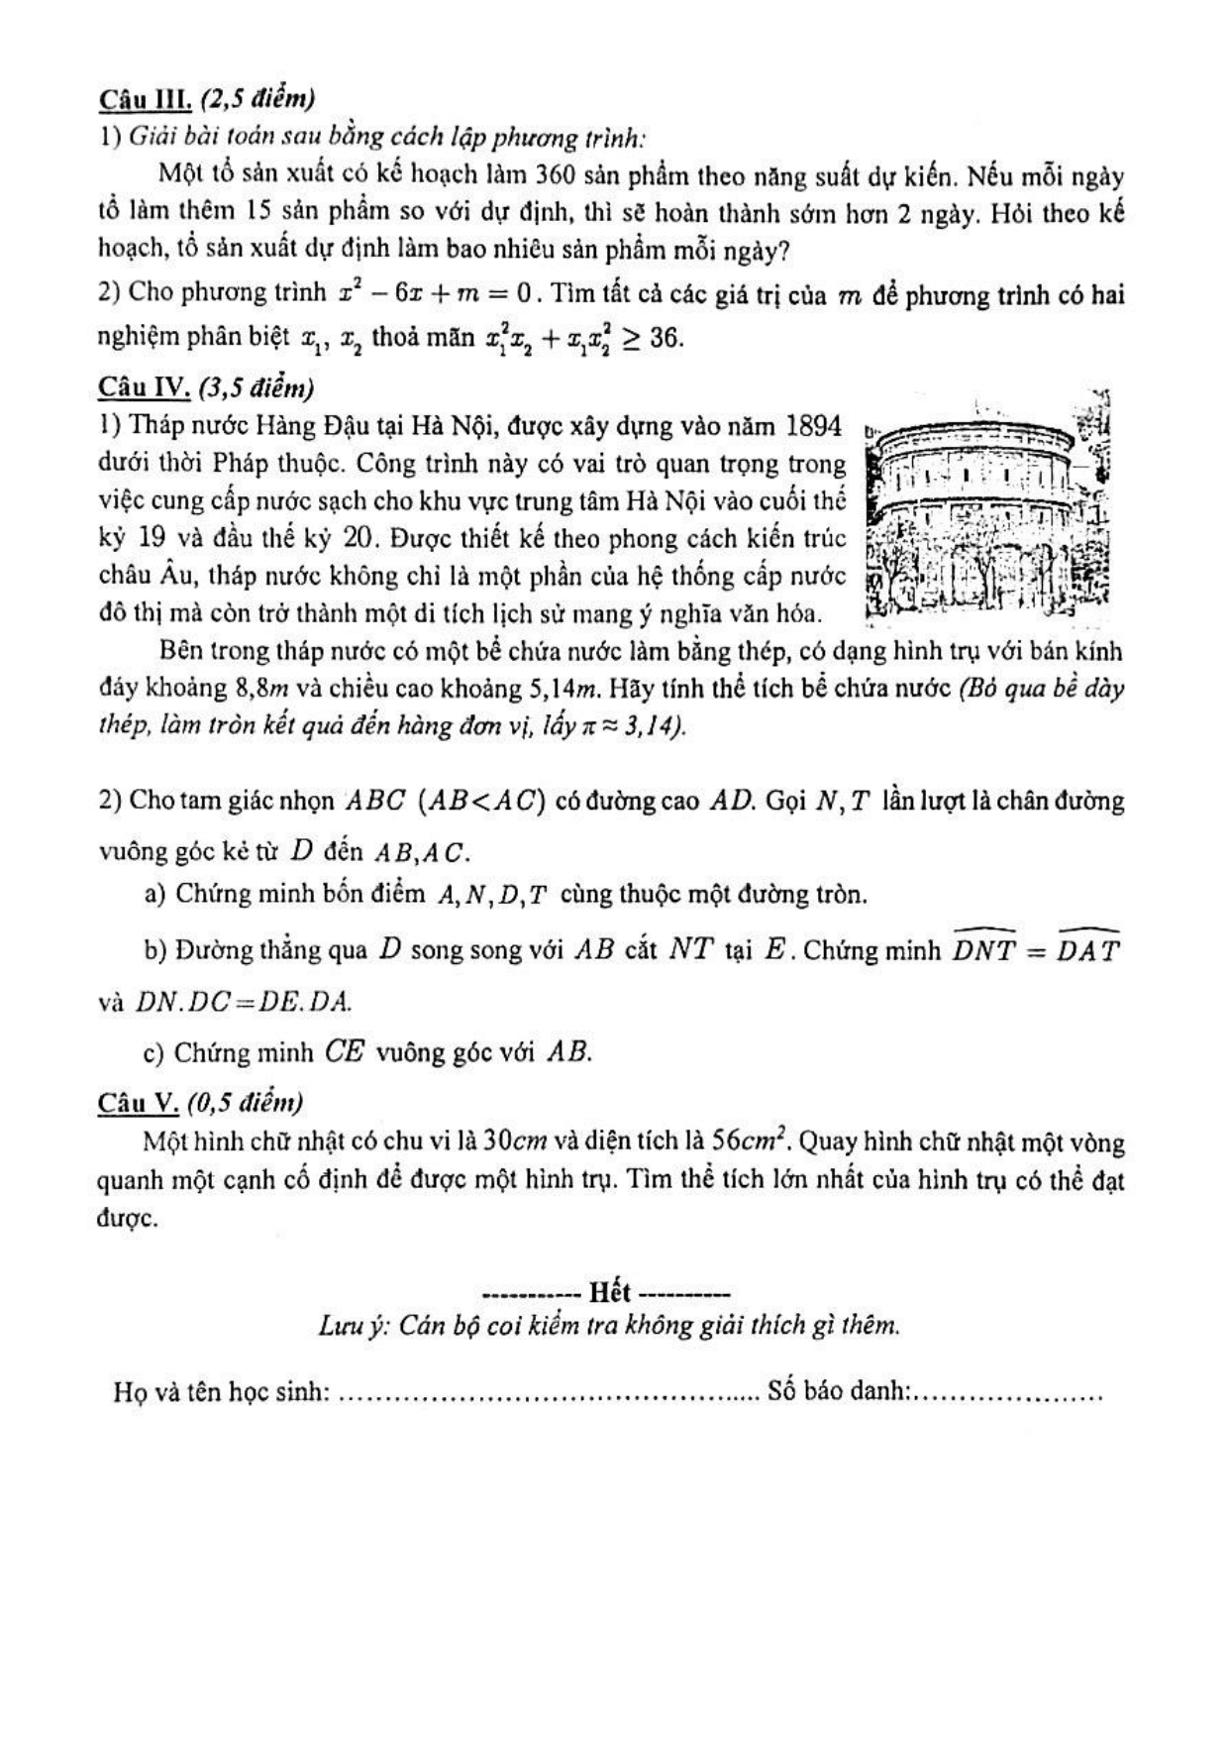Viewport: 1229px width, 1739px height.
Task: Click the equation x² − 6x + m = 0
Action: tap(436, 293)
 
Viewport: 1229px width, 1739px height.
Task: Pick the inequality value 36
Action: tap(666, 338)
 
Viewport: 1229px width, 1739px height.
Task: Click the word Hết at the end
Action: tap(609, 1292)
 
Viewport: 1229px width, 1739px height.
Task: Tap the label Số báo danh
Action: tap(838, 1391)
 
